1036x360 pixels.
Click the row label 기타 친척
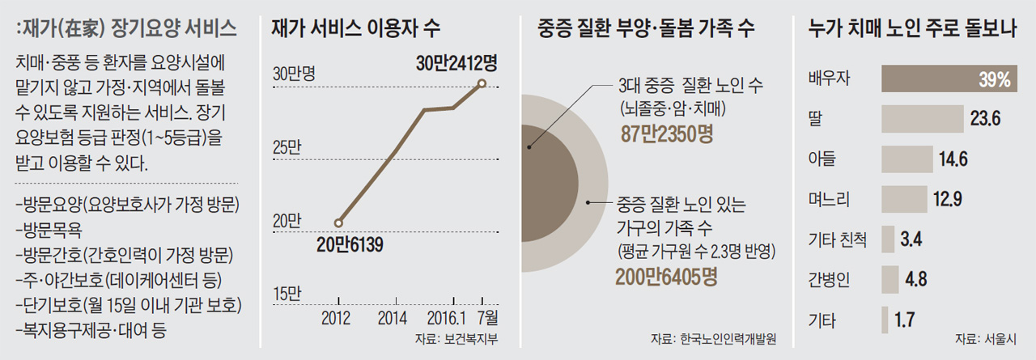coord(838,239)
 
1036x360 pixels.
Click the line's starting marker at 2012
coord(338,222)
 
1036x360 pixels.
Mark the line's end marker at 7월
coord(482,83)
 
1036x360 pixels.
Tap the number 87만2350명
coord(666,133)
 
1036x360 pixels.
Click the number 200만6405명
coord(666,277)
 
